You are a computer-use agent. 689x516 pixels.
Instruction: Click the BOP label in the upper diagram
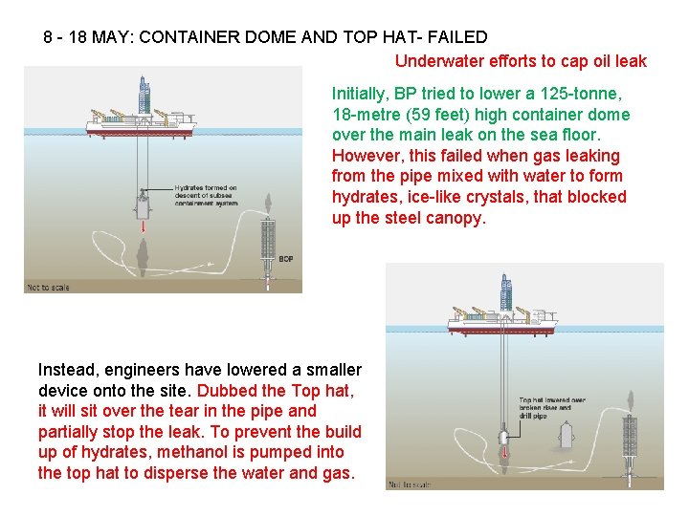coord(285,259)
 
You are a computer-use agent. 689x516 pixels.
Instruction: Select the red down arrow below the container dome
coord(143,229)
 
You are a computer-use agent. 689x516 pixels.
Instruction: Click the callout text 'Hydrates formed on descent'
coord(206,195)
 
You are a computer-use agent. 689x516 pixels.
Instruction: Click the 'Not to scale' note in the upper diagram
coord(48,287)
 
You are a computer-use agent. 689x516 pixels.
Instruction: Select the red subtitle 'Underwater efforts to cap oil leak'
coord(521,61)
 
